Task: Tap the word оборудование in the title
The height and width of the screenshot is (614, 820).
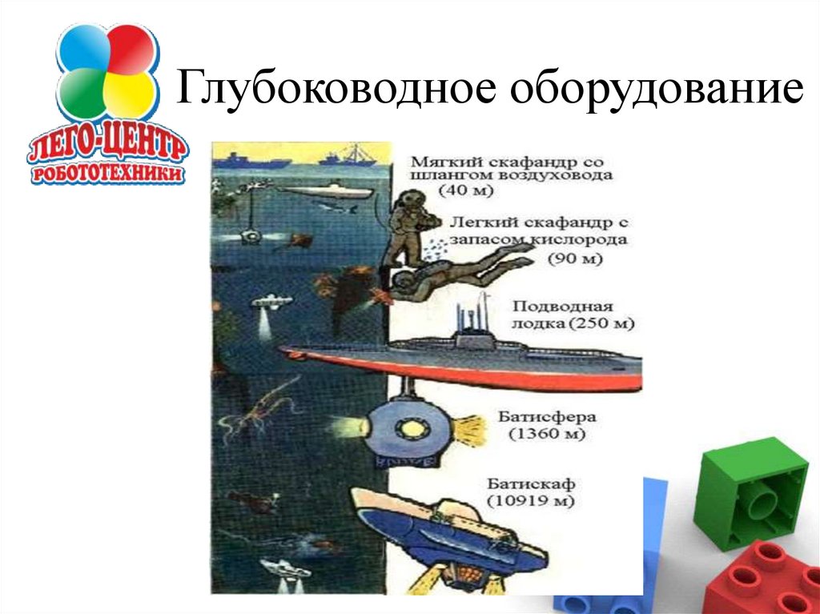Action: click(x=657, y=88)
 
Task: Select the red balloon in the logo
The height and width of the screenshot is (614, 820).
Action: click(x=131, y=49)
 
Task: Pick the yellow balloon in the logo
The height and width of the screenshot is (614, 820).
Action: click(x=130, y=94)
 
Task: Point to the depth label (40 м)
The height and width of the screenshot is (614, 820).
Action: click(x=466, y=191)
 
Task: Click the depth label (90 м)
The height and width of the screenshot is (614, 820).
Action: click(x=575, y=259)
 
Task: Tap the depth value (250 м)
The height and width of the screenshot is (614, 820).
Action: click(x=601, y=323)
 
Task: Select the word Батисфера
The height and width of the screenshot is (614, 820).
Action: click(x=547, y=417)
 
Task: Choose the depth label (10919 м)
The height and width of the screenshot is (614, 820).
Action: click(x=531, y=501)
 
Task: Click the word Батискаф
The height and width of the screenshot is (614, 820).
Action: click(x=531, y=484)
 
